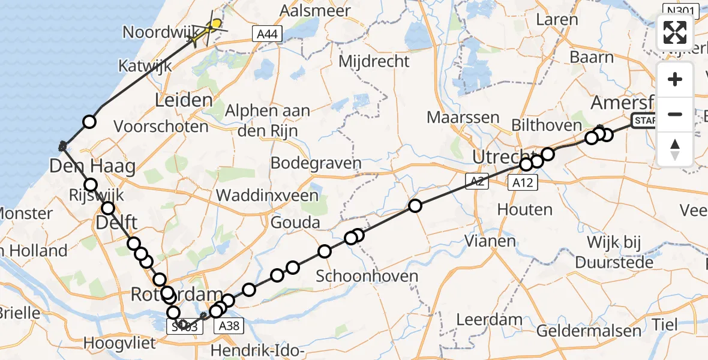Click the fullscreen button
[x=675, y=32]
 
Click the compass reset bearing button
[x=675, y=149]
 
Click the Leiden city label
[x=184, y=100]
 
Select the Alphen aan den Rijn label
[x=268, y=120]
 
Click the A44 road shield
[x=266, y=34]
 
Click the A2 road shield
[x=476, y=181]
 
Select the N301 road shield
[x=681, y=10]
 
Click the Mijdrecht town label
[x=374, y=61]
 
